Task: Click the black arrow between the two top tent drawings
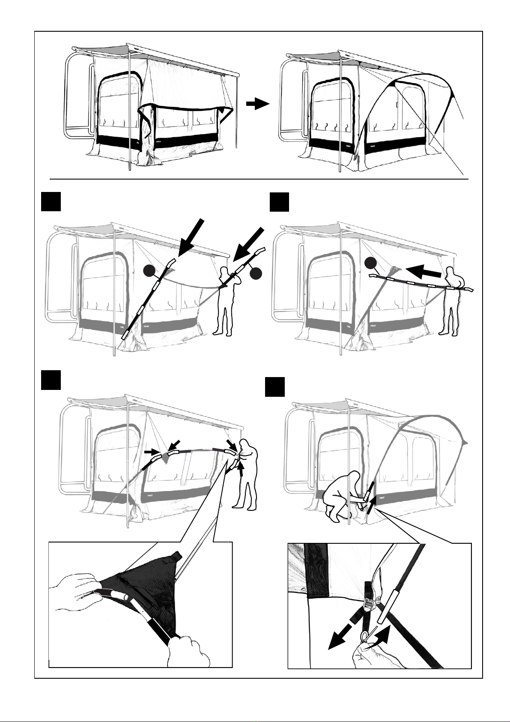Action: pos(257,104)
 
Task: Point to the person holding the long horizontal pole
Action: pos(452,300)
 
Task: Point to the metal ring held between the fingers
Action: pos(365,636)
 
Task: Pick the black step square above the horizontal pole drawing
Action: pos(280,202)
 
